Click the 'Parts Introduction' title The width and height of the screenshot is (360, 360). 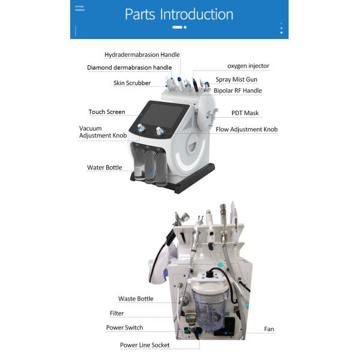pos(179,14)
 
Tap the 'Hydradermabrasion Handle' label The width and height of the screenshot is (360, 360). pos(142,55)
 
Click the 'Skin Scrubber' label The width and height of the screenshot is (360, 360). pos(132,83)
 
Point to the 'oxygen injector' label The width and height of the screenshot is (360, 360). pos(248,65)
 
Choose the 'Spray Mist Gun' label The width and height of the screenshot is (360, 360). pos(236,79)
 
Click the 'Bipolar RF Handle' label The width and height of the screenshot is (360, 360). pos(238,91)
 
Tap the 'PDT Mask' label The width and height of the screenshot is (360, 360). pos(245,113)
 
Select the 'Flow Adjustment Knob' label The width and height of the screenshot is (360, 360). pos(247,129)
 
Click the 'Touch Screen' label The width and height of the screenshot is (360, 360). pos(107,112)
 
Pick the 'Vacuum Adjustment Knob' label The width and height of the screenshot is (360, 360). pos(103,132)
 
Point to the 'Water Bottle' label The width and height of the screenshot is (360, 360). pos(104,167)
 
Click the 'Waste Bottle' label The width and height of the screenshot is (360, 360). pos(136,299)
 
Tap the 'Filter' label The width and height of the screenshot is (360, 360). pos(117,313)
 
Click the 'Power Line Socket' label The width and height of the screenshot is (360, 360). pos(144,345)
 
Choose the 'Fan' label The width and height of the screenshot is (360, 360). pos(269,329)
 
